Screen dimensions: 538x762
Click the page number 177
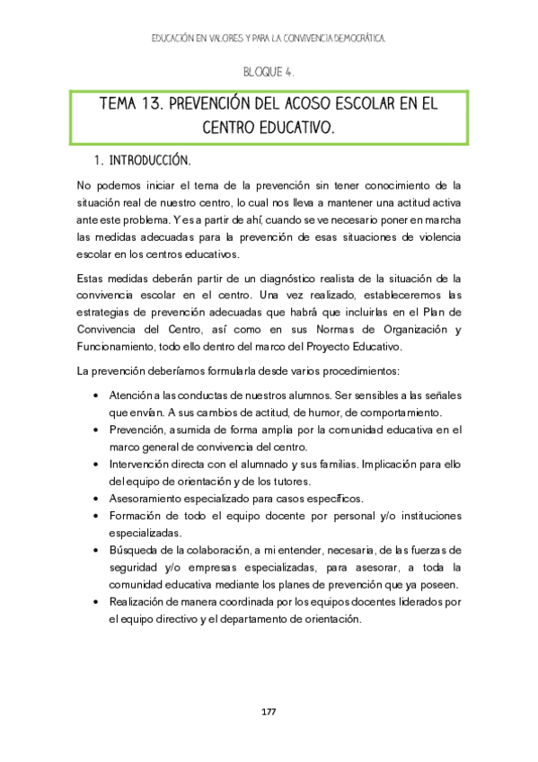(x=269, y=712)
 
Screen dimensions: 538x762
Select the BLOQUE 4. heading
(x=269, y=71)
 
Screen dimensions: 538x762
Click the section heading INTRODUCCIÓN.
(x=149, y=161)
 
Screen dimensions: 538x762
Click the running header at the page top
(x=269, y=40)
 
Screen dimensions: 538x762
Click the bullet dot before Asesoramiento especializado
(x=96, y=498)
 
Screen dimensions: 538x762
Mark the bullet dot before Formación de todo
(x=96, y=516)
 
